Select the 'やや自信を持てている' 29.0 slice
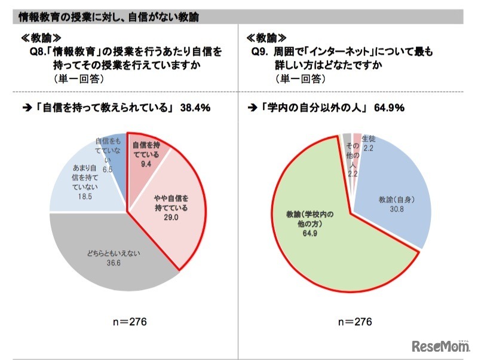(170, 203)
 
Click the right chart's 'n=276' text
(354, 322)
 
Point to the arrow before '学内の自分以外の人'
(252, 108)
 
